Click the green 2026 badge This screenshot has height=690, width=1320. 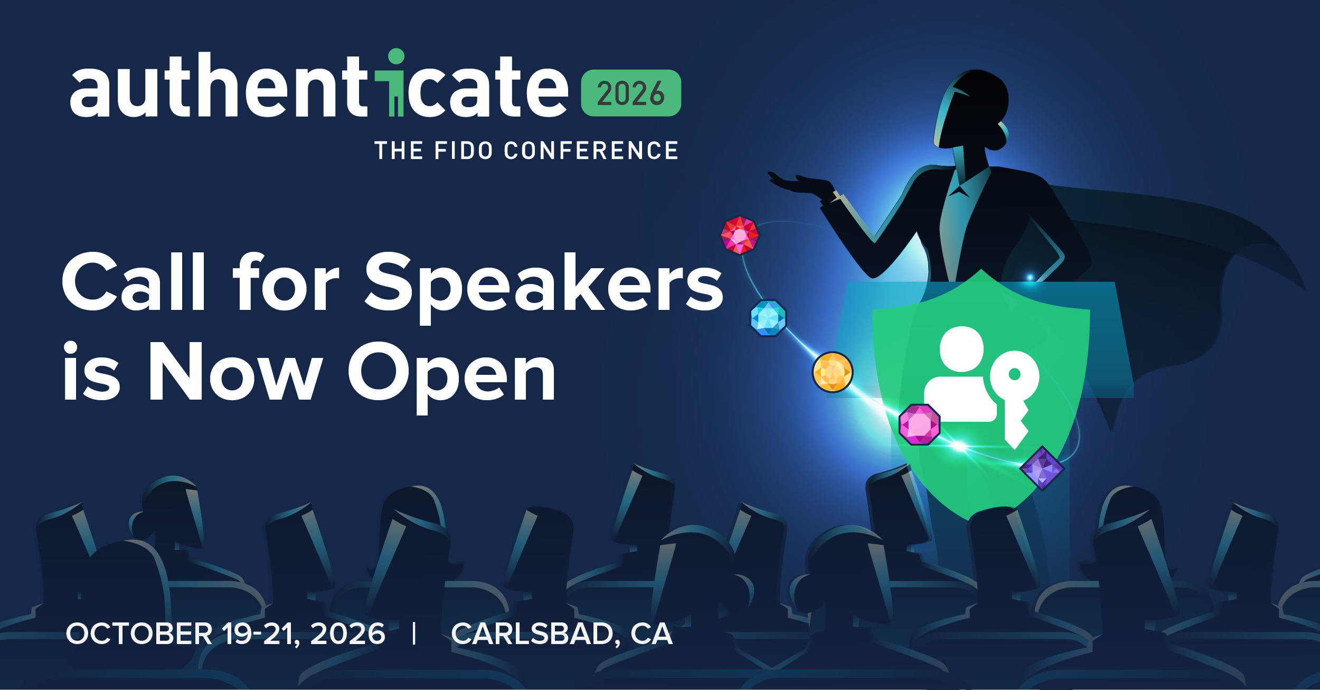point(630,93)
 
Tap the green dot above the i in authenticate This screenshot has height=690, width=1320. point(396,56)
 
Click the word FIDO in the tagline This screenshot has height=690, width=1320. point(463,151)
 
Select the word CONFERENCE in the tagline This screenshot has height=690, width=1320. point(591,151)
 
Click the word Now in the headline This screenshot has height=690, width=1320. point(235,372)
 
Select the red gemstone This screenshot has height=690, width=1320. point(740,235)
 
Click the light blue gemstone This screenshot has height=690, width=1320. point(768,318)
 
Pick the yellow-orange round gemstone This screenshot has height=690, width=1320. point(832,372)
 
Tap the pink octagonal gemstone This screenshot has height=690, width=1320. point(919,424)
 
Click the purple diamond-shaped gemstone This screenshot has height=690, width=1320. point(1042,468)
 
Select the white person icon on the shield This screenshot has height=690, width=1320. point(960,375)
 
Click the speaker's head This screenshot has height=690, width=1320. point(977,106)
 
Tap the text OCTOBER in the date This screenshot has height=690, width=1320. point(139,634)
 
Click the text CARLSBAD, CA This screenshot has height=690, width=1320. point(562,634)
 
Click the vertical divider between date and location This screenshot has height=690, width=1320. point(414,634)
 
